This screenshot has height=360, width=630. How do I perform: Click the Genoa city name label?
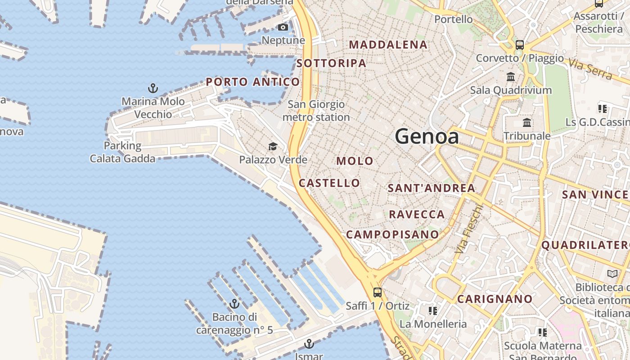(x=427, y=136)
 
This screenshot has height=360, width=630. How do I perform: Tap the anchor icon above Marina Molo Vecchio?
(x=153, y=88)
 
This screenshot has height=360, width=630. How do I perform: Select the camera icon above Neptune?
(x=283, y=27)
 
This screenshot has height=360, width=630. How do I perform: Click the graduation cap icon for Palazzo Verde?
(x=273, y=146)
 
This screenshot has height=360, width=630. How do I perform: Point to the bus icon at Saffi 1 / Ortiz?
(x=378, y=292)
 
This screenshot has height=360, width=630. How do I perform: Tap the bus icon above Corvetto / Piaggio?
(x=520, y=45)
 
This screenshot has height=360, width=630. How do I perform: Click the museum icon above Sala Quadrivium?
(x=511, y=77)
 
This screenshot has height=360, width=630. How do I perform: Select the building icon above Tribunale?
(x=527, y=122)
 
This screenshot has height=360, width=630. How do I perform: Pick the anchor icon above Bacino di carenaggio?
(x=234, y=304)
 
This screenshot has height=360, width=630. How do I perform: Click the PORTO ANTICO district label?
(x=252, y=82)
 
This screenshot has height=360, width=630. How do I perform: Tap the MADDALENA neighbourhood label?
(x=388, y=45)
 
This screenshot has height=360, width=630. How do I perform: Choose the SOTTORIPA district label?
(x=331, y=63)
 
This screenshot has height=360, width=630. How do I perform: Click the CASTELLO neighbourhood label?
(x=329, y=183)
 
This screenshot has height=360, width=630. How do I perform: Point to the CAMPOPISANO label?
(x=392, y=234)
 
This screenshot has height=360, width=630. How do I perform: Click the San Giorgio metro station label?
(x=316, y=111)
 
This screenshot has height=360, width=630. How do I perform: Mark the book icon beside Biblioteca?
(x=612, y=274)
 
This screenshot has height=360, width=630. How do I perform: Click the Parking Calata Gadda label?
(x=122, y=152)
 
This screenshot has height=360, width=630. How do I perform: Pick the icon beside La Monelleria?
(x=433, y=310)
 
